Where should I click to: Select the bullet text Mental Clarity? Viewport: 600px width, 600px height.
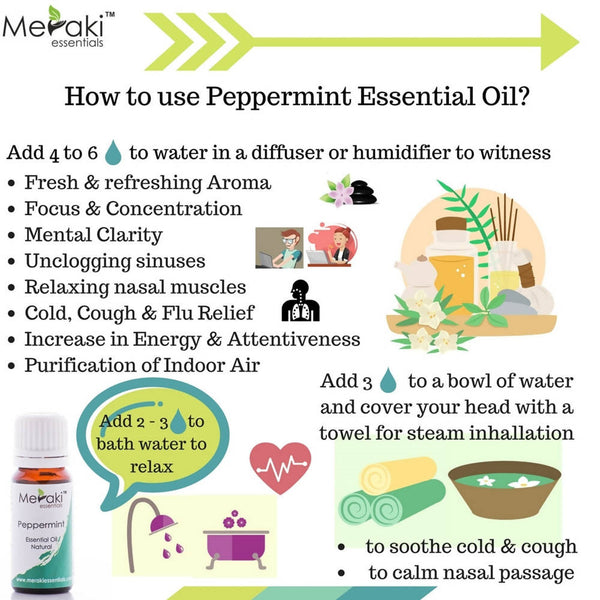click(93, 235)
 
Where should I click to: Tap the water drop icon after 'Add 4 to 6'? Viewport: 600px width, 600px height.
click(113, 152)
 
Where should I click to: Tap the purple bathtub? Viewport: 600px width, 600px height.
click(235, 541)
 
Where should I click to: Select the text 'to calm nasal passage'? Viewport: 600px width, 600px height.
click(470, 573)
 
